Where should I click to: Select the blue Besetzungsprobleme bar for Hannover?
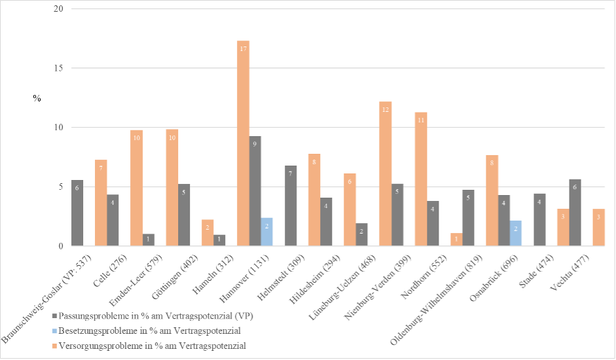click(266, 232)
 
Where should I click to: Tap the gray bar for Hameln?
click(219, 240)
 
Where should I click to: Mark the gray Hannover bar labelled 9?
click(255, 190)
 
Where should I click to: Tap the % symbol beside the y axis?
click(37, 98)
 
